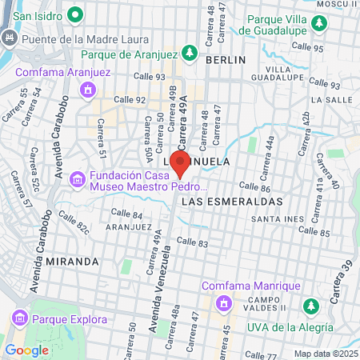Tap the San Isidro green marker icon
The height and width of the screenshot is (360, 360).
click(76, 14)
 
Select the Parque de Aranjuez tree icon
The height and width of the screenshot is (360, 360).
click(190, 54)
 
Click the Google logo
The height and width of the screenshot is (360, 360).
click(26, 350)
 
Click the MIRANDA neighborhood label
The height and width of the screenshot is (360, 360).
click(71, 262)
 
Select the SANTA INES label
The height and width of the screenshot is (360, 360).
click(274, 218)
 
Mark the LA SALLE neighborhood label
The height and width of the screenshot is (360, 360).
click(328, 100)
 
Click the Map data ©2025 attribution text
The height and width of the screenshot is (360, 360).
click(325, 354)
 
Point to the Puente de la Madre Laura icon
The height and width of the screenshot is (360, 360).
click(10, 38)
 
